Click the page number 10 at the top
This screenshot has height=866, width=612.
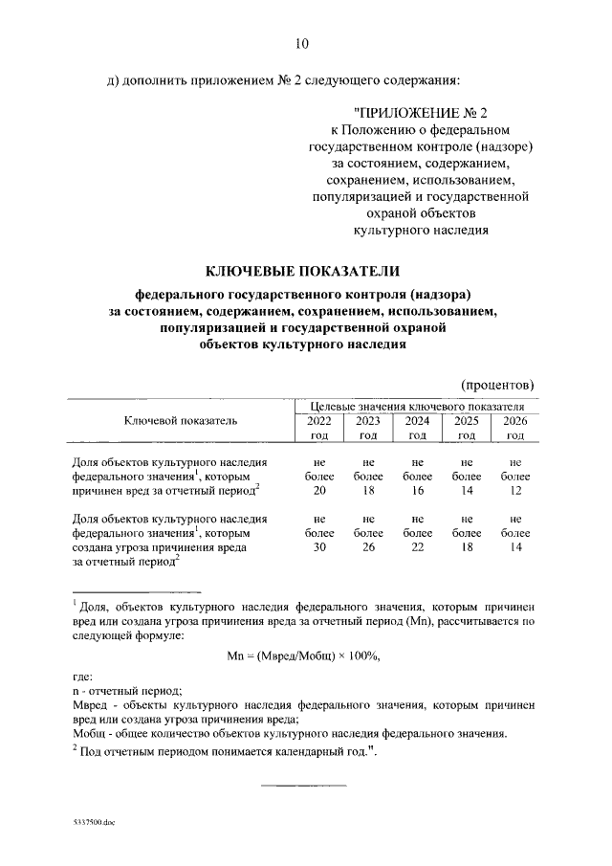coord(302,44)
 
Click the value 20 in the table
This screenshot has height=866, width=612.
coord(319,491)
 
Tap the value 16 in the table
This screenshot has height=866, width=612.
coord(417,491)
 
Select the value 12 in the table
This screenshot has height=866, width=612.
coord(515,491)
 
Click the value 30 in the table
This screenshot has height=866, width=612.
coord(319,547)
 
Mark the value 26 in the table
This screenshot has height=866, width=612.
coord(368,547)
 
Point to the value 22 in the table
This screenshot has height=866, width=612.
coord(417,547)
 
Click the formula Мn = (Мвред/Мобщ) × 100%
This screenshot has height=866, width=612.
coord(304,655)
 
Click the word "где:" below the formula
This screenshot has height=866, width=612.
coord(83,677)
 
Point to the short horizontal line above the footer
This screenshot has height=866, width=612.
coord(291,787)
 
